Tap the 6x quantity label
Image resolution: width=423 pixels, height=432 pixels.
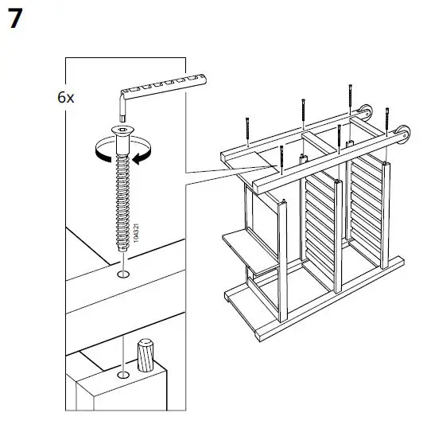[x=66, y=98]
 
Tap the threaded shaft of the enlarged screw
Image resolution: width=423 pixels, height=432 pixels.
[x=122, y=207]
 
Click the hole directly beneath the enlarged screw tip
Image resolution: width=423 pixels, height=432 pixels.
[x=122, y=275]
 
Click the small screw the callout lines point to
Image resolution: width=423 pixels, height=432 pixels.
[x=281, y=159]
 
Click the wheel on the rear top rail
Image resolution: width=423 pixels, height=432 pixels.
[x=367, y=111]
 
